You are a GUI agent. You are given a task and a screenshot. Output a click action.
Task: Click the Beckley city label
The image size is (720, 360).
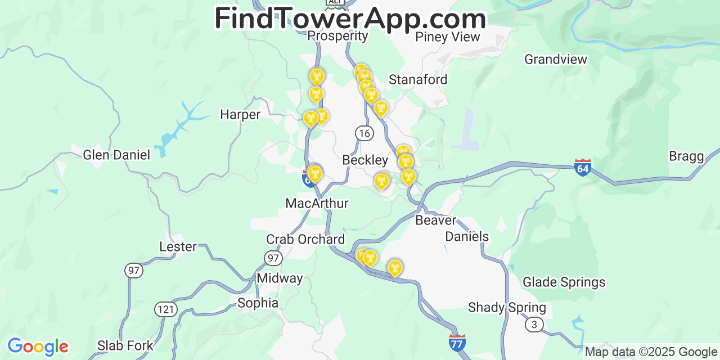click(x=365, y=160)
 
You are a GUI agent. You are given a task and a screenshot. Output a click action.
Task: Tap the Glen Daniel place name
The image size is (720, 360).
click(x=116, y=155)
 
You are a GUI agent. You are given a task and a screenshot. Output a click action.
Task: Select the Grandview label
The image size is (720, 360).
click(x=555, y=59)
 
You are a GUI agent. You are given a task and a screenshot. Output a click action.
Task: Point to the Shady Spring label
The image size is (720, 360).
click(x=507, y=308)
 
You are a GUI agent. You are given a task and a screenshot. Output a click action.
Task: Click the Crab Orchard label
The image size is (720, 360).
click(x=305, y=240)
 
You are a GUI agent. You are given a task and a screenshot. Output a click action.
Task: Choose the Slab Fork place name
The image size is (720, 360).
click(x=125, y=345)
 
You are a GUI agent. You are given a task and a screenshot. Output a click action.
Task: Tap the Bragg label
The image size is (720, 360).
click(x=686, y=156)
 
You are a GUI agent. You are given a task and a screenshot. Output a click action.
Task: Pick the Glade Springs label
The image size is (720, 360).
click(x=564, y=282)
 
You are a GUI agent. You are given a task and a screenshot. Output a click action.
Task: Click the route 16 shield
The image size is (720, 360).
click(x=364, y=133)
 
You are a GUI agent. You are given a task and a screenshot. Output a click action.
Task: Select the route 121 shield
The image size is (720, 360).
click(x=166, y=309)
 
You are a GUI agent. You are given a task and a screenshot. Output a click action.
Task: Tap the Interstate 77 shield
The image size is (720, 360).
click(x=457, y=343)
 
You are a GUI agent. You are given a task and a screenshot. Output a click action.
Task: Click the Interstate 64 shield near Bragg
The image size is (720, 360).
click(x=583, y=167)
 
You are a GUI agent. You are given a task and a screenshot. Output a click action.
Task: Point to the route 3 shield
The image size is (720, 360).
click(x=534, y=324)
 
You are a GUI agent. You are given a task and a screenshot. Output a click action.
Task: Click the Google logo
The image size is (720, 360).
click(x=38, y=346)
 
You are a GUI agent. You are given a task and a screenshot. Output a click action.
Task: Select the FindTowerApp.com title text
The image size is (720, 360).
click(x=350, y=19)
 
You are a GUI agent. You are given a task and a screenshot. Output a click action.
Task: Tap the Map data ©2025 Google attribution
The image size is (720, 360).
click(x=651, y=352)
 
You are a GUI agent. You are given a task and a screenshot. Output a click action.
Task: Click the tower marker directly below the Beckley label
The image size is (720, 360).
click(x=381, y=181)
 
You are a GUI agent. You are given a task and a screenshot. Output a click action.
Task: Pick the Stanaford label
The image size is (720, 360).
click(x=418, y=80)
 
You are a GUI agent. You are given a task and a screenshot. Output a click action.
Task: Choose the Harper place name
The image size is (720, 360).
click(x=240, y=115)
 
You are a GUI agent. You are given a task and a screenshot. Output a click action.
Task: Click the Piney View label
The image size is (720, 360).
click(x=448, y=37)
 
